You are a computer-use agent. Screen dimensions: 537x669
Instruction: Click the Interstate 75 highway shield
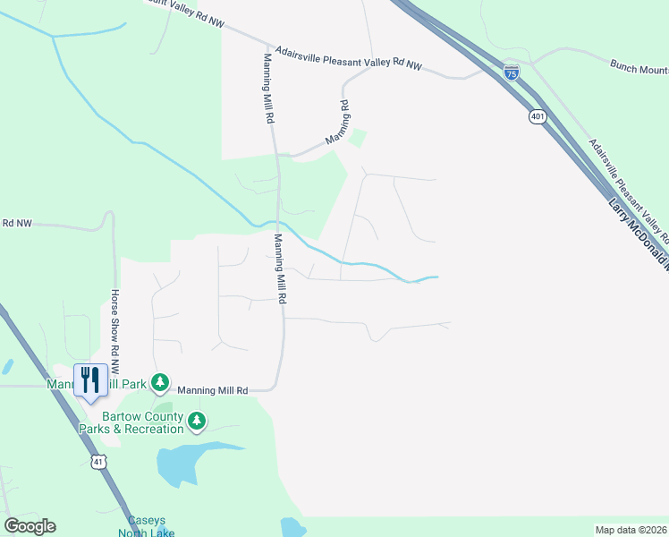coord(511,72)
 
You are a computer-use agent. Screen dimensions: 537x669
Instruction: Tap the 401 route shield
coord(538,116)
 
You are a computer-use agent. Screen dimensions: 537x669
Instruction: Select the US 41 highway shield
coord(97,461)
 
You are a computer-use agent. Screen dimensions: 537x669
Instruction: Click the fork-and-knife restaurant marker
coord(90,380)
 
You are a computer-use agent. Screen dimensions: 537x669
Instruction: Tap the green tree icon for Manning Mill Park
coord(160,383)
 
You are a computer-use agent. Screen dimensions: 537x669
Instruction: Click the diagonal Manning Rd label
coord(336,123)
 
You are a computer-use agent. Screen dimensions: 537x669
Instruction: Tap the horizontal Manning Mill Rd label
coord(212,390)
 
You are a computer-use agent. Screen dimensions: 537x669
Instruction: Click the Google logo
coord(30,526)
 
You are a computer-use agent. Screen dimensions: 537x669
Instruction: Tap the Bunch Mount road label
coord(639,66)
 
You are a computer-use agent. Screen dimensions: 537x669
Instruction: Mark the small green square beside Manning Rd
coord(358,138)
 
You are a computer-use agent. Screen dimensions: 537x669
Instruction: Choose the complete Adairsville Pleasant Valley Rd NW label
coord(348,57)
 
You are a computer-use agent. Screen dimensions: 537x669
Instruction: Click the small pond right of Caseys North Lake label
coord(292,527)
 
